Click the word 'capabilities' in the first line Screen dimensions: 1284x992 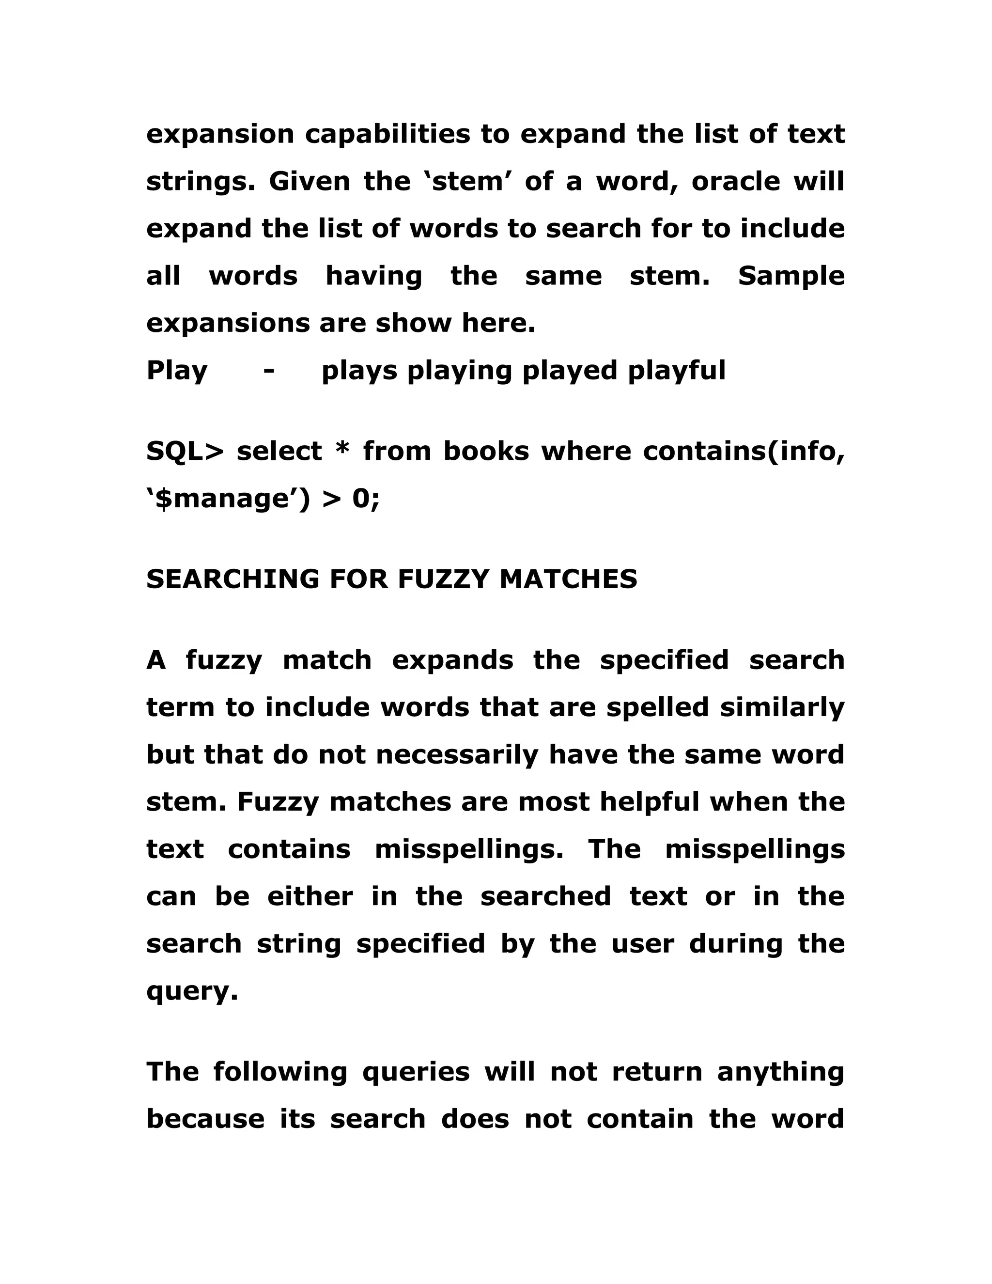[x=387, y=135]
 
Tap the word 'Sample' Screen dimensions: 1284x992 [x=791, y=276]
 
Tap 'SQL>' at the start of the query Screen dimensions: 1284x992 [x=185, y=452]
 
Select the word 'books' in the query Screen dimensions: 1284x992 [x=486, y=452]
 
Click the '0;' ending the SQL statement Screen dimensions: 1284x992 [x=366, y=499]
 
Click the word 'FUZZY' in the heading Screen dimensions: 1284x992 [x=443, y=579]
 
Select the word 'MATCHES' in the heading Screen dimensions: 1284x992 [x=568, y=579]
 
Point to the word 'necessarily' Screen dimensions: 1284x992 [x=457, y=755]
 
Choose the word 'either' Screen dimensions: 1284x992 [x=310, y=896]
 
